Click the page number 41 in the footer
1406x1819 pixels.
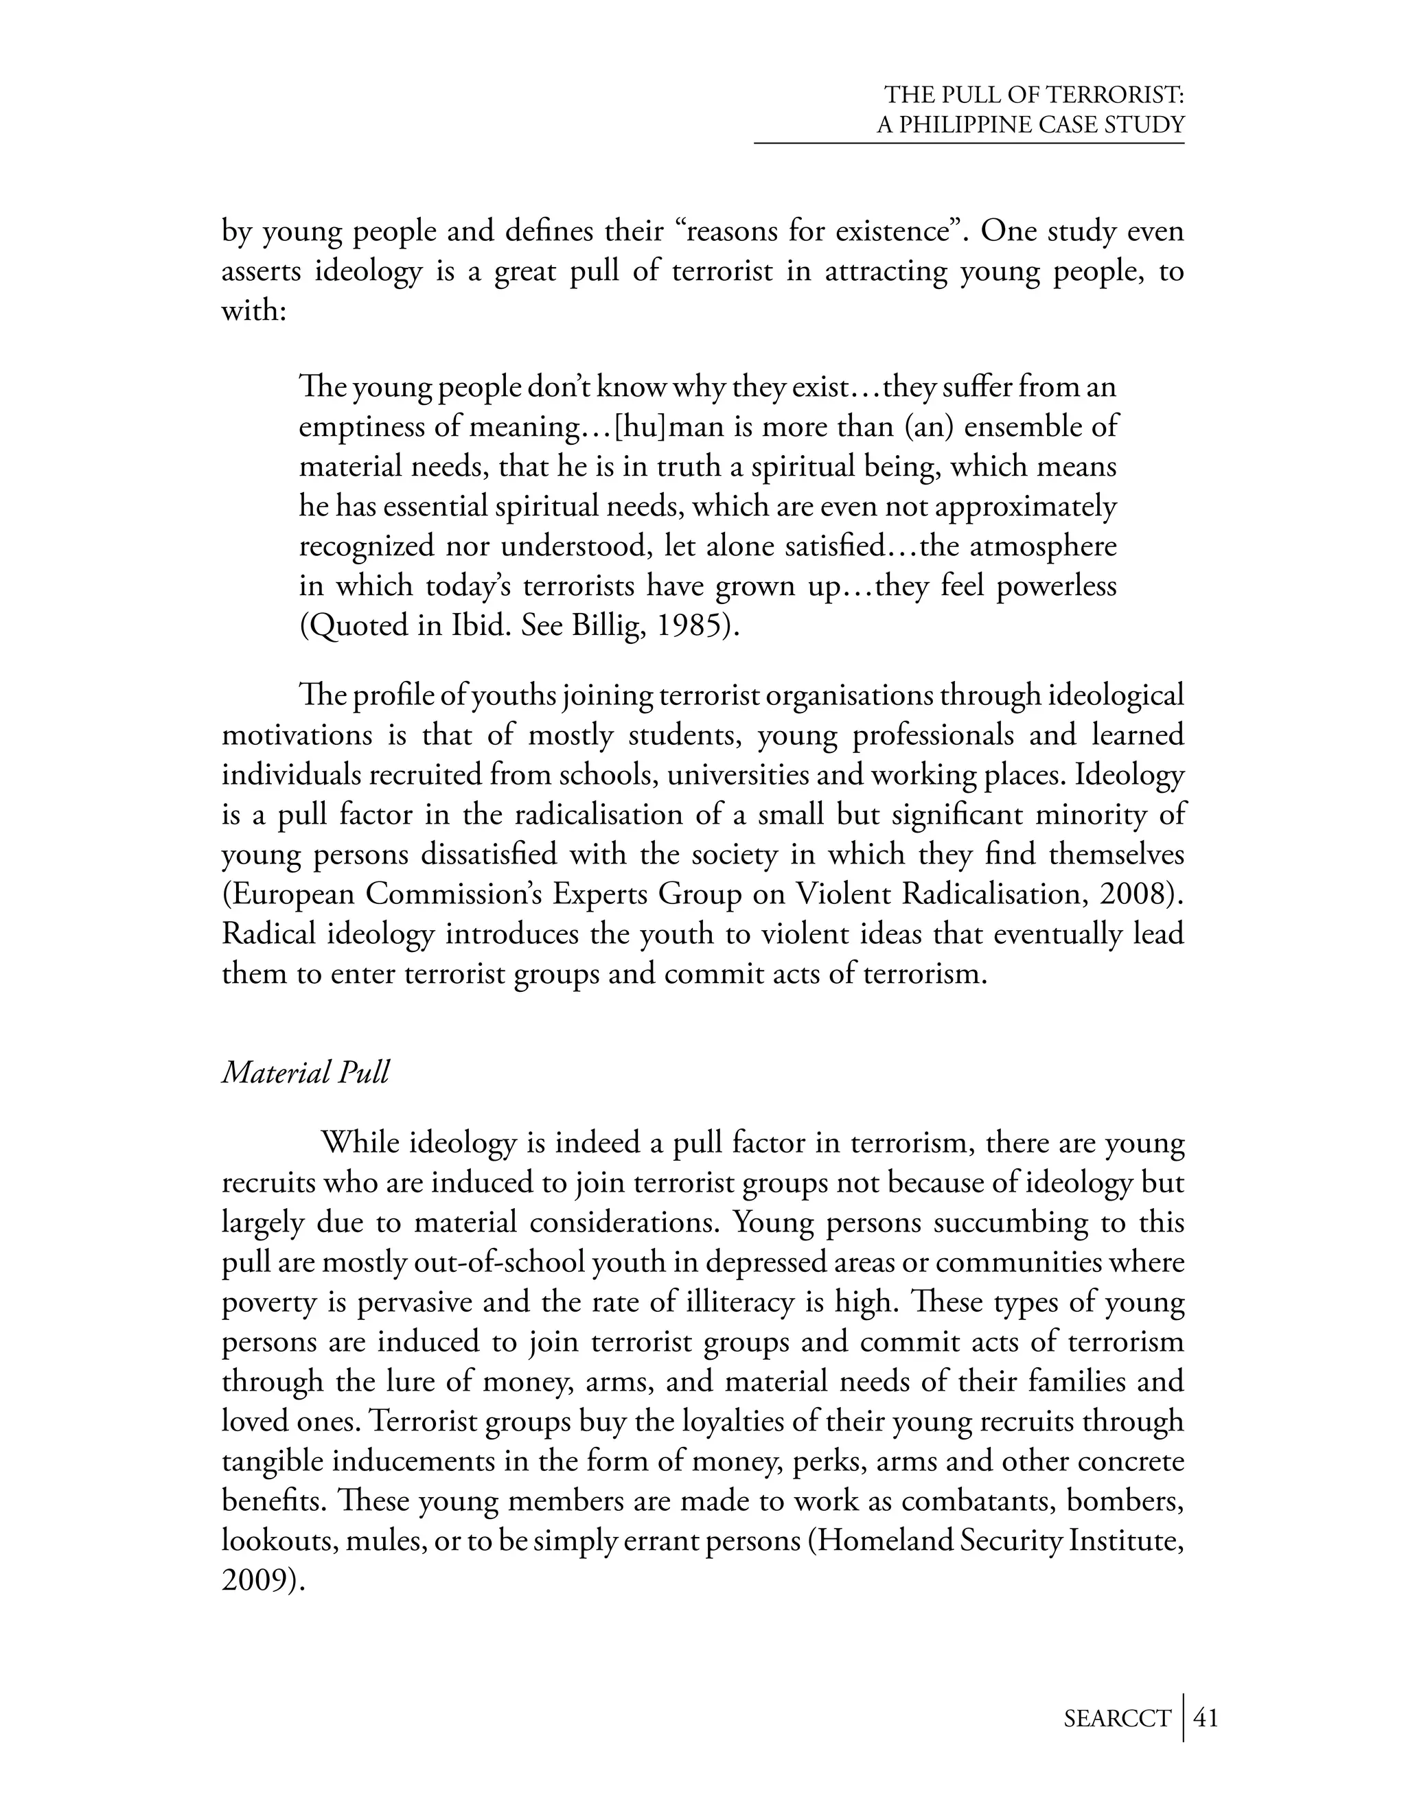(1206, 1718)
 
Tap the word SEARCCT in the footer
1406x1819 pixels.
(1117, 1719)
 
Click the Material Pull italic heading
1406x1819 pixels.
(305, 1073)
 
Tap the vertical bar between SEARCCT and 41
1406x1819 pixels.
(1183, 1717)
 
